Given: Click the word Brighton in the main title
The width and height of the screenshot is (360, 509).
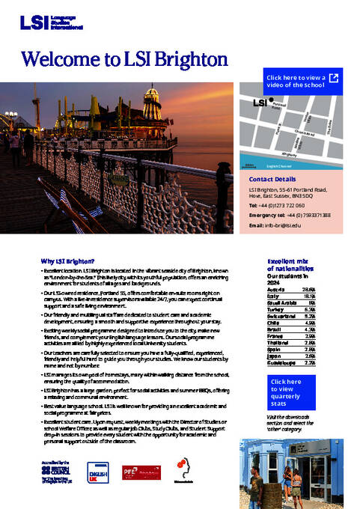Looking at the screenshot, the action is pyautogui.click(x=173, y=58).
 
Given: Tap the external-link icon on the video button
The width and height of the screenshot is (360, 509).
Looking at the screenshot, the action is pyautogui.click(x=334, y=77).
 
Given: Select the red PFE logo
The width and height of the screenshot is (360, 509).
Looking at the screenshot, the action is pyautogui.click(x=132, y=473).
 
